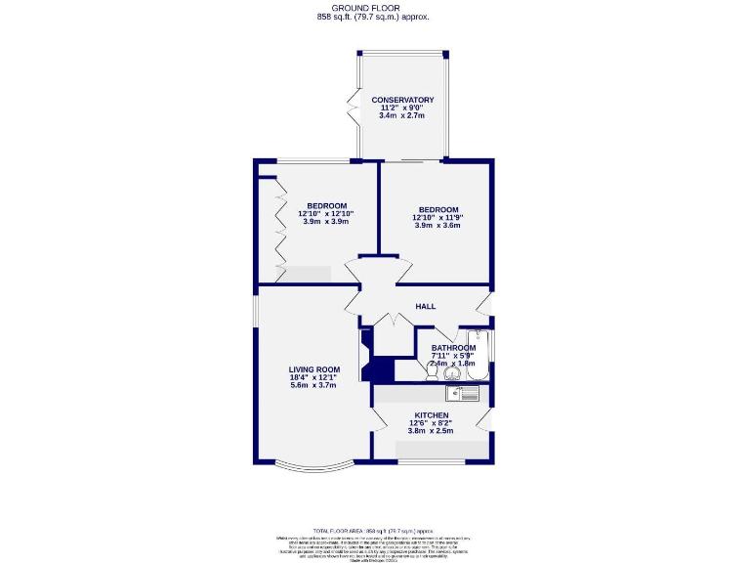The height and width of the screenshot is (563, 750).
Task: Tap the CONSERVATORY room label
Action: tap(402, 100)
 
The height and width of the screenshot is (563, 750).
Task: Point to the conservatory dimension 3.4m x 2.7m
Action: tap(402, 115)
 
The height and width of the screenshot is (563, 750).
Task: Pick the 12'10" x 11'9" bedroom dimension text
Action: tap(437, 218)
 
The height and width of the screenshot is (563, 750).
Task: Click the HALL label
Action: tap(425, 307)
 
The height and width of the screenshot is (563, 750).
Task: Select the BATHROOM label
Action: tap(453, 348)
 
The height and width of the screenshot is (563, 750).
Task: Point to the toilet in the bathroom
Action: tap(432, 370)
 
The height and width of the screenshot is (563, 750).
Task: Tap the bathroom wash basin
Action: tap(452, 372)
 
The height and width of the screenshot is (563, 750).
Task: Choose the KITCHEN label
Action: tap(432, 415)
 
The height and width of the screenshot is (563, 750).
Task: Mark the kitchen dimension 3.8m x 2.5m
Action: tap(432, 430)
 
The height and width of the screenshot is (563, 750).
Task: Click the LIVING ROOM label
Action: tap(313, 369)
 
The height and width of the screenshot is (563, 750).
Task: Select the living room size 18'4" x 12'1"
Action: tap(313, 377)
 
